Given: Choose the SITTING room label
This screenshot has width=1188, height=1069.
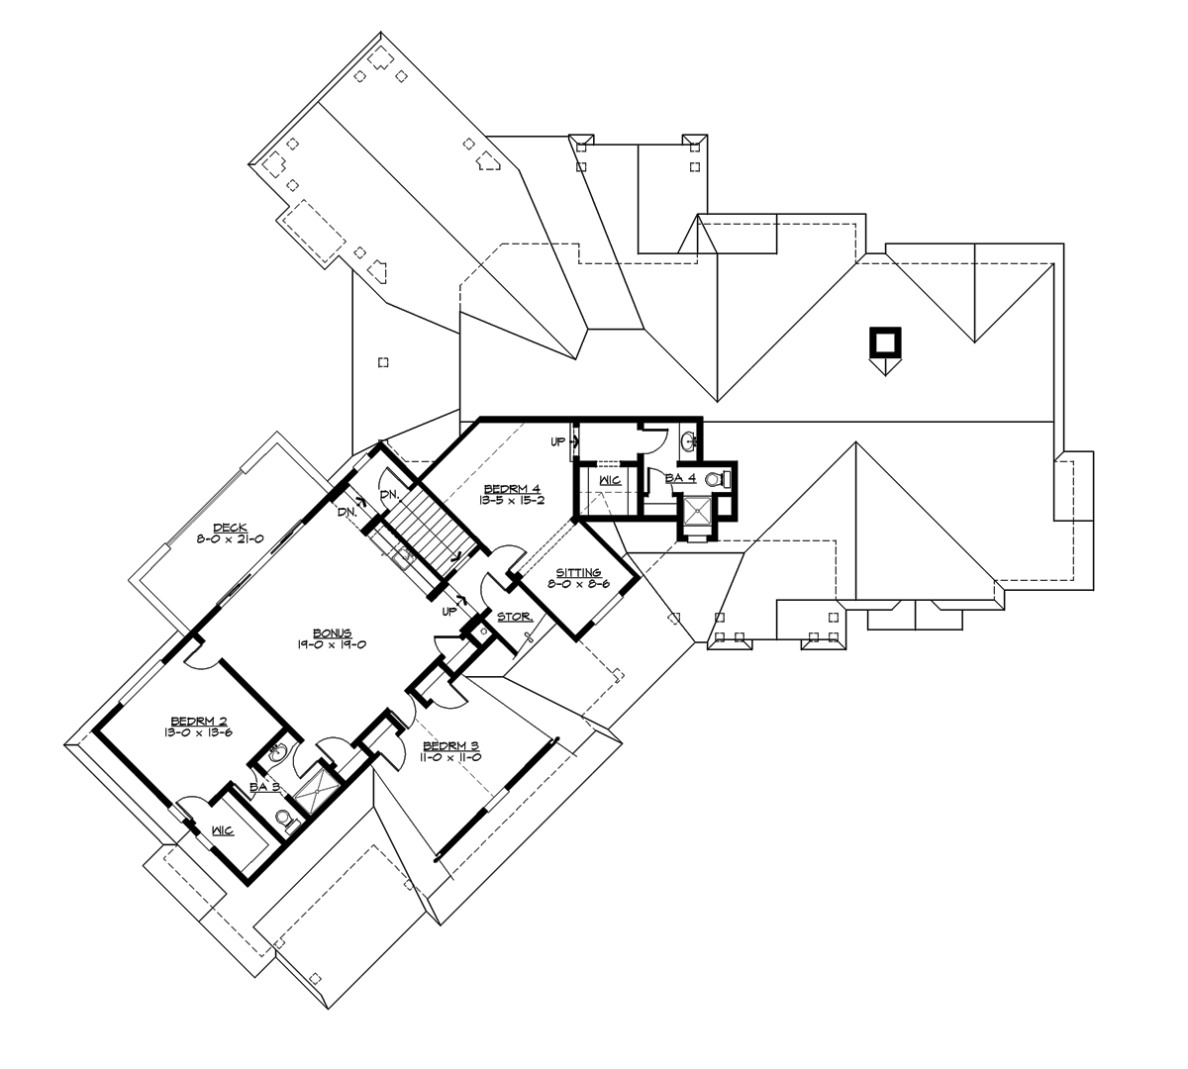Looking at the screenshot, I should click(578, 572).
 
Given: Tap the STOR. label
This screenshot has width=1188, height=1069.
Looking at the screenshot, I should click(515, 615).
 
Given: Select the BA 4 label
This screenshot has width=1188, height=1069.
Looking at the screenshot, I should click(681, 478).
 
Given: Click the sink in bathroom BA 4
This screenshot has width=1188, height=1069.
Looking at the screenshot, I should click(690, 439).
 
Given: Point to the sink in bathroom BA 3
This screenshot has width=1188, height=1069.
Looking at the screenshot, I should click(278, 755).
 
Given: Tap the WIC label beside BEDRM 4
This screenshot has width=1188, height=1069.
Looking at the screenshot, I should click(610, 480).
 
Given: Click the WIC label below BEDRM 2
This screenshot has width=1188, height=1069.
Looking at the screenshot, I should click(222, 830).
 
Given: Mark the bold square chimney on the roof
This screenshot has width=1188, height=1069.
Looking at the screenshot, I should click(884, 341).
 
